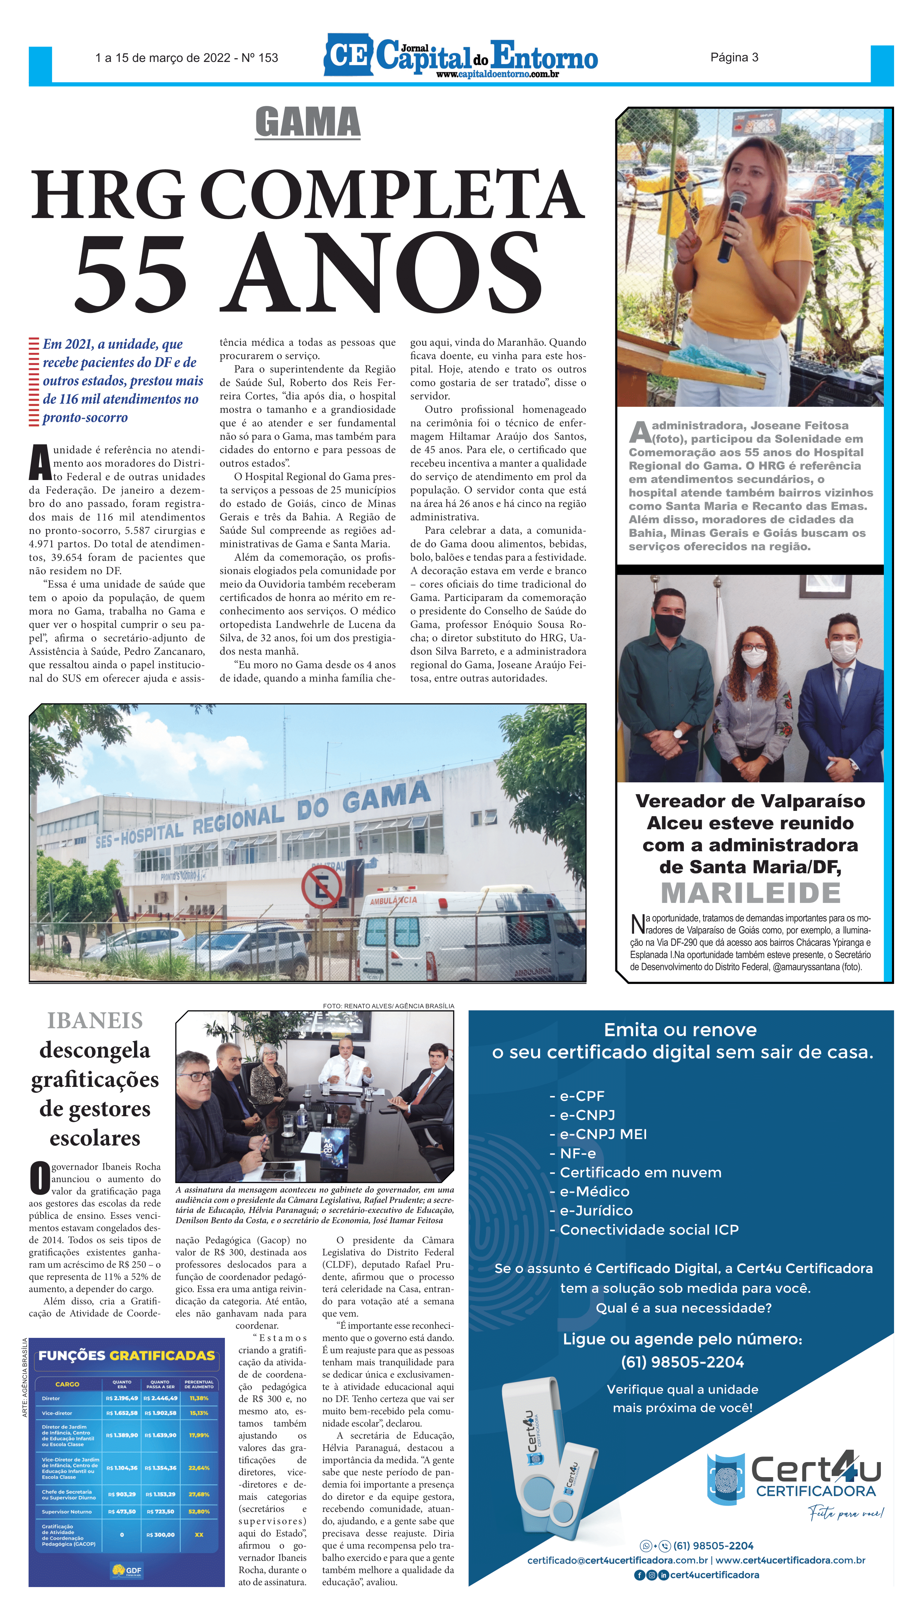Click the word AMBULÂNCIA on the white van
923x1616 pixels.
pos(394,901)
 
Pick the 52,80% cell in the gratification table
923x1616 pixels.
pos(199,1511)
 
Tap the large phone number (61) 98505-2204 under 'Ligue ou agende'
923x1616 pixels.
pos(682,1362)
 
